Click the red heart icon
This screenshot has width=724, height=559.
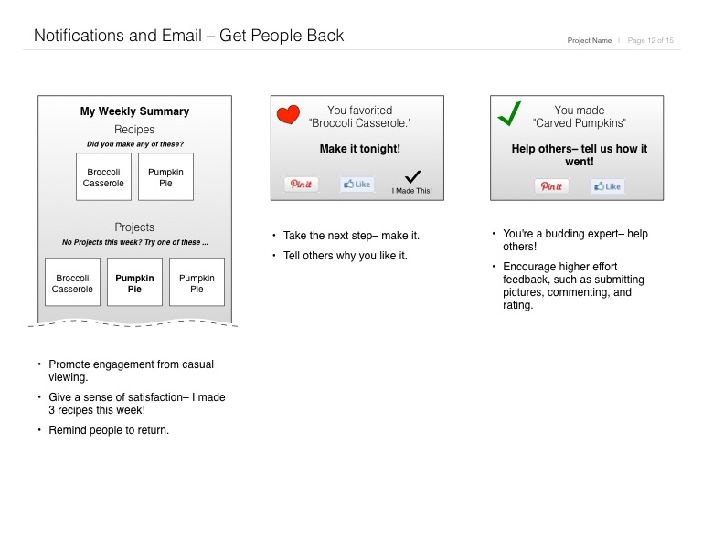point(288,114)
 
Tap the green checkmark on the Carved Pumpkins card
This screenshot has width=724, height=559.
point(509,115)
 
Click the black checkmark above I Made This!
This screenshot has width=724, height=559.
point(412,177)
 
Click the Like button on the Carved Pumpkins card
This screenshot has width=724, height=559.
point(607,186)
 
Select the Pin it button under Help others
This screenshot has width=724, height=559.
point(551,186)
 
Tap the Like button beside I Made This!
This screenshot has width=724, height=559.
point(357,184)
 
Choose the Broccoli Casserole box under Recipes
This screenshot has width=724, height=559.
point(103,177)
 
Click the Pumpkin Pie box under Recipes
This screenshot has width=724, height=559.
point(165,177)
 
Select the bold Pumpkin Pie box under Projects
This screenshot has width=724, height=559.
point(134,282)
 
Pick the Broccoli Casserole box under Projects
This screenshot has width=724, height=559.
point(72,282)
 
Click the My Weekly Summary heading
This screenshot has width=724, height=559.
point(134,111)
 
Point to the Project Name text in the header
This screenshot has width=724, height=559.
point(590,40)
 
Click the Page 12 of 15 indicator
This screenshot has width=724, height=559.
point(650,40)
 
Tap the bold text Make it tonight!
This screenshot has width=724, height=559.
point(359,149)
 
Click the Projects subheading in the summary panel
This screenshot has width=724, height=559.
point(134,227)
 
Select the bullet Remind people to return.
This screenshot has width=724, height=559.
point(109,430)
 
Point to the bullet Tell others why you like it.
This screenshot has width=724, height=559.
point(345,256)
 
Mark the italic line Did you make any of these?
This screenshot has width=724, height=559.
point(134,144)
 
